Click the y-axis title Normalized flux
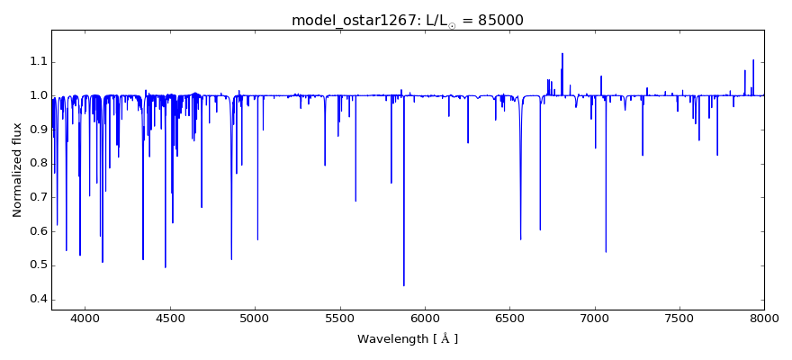pos(17,170)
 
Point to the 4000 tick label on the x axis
pos(85,318)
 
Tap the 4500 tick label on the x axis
pos(170,318)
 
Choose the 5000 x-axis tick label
pos(255,318)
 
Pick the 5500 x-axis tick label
pos(339,318)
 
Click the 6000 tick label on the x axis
pos(425,318)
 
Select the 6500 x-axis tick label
pos(509,318)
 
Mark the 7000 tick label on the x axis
pos(595,318)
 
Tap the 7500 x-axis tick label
pos(679,318)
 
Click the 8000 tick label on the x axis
pos(764,318)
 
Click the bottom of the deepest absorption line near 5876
pos(404,285)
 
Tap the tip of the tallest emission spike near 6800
pos(562,54)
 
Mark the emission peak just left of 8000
pos(753,60)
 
